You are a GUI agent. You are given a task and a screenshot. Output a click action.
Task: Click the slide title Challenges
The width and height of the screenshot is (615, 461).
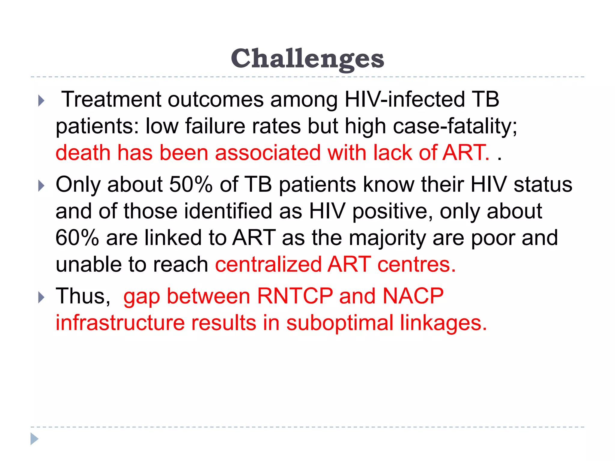(x=307, y=59)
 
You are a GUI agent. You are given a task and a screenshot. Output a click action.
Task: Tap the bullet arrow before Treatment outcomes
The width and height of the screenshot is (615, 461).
(x=41, y=101)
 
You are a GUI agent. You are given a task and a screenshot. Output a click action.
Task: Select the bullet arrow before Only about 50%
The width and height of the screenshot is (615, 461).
(x=41, y=186)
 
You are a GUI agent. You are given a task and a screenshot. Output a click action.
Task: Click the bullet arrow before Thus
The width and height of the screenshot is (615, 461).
(x=41, y=297)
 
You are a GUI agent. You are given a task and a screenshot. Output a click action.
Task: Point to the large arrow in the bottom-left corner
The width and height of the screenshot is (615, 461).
(x=35, y=439)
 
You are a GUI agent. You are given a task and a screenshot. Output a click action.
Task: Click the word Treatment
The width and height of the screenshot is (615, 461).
(x=111, y=99)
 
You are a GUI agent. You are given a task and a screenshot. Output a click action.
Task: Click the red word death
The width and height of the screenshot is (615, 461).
(x=83, y=152)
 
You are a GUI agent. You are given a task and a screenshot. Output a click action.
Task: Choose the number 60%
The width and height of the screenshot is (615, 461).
(x=77, y=238)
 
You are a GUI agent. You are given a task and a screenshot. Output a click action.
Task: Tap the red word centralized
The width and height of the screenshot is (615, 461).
(x=268, y=264)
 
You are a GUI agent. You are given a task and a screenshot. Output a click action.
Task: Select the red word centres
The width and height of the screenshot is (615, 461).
(x=416, y=264)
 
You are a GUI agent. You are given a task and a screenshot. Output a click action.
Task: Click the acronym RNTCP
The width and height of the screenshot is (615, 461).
(x=295, y=296)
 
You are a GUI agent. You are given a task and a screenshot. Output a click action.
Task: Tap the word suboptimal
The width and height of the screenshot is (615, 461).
(x=340, y=324)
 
